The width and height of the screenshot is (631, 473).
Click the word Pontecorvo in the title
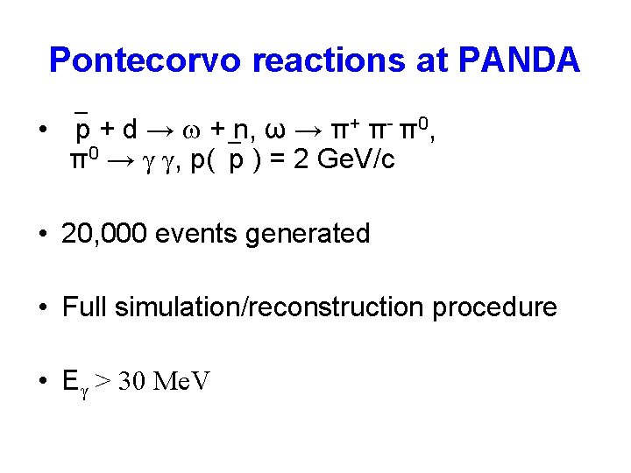click(145, 60)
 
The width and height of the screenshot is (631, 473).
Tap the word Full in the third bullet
click(84, 307)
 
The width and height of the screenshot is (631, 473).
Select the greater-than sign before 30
click(103, 382)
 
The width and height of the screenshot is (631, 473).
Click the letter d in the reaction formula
click(130, 131)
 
